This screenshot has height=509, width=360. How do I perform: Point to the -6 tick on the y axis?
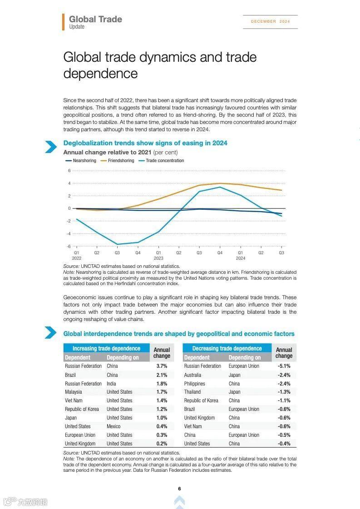point(69,246)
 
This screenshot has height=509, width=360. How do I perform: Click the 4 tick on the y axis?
point(69,183)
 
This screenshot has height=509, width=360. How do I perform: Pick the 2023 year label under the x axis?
point(158,258)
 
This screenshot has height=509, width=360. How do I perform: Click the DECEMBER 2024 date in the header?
point(270,21)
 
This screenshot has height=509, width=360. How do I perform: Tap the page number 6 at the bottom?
point(179,489)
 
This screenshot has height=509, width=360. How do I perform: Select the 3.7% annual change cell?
point(162,366)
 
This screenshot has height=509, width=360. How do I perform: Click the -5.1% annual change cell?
point(284,366)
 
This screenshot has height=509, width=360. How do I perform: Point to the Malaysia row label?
point(74,392)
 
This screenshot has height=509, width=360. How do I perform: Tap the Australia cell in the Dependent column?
point(192,375)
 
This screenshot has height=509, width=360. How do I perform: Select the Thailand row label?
point(192,392)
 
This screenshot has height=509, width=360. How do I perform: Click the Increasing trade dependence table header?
point(106,348)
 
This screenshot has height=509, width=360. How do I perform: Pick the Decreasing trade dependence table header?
point(227,348)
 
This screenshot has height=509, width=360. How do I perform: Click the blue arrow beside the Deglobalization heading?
point(50,147)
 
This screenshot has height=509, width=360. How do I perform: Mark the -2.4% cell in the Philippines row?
point(284,384)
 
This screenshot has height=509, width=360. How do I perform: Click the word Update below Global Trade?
point(77,27)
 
